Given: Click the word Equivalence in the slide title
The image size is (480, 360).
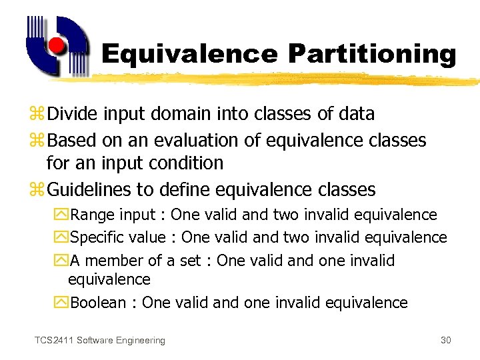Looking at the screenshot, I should point(189,53).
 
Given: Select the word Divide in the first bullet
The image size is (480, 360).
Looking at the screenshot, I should point(73,114).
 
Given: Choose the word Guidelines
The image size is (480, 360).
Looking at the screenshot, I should point(90,190).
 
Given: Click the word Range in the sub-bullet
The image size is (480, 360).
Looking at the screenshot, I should point(92,215).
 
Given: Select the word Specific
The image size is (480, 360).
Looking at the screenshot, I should point(99,237).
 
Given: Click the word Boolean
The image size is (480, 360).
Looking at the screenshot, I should point(98,303).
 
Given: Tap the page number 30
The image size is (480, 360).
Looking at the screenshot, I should point(446,341).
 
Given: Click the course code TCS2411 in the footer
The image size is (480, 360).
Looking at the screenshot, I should point(54,341).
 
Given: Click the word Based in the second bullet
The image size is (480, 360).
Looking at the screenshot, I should point(73,141).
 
